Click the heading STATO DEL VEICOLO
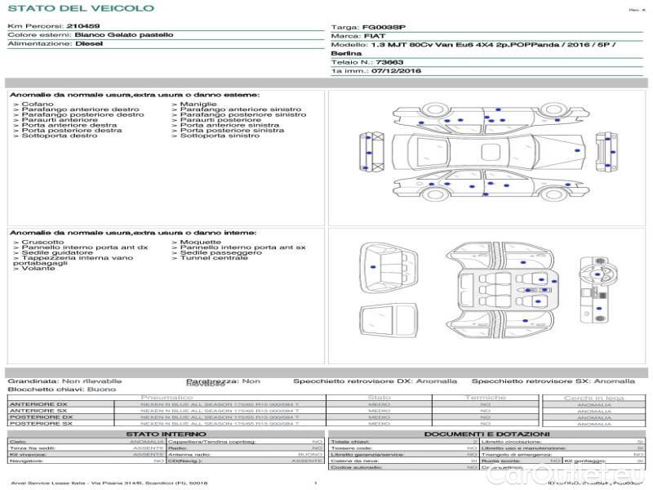point(80,8)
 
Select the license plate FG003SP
point(383,27)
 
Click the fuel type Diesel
point(89,45)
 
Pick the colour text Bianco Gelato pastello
point(123,35)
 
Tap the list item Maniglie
point(198,105)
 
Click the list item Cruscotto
point(42,243)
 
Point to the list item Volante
point(39,269)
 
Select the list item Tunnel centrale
point(213,258)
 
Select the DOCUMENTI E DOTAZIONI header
point(486,434)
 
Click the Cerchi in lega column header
point(593,398)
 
